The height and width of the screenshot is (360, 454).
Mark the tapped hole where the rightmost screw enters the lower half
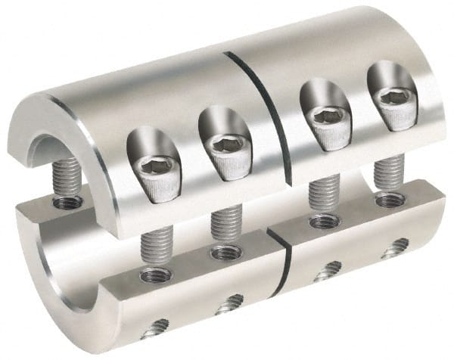[390, 200]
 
